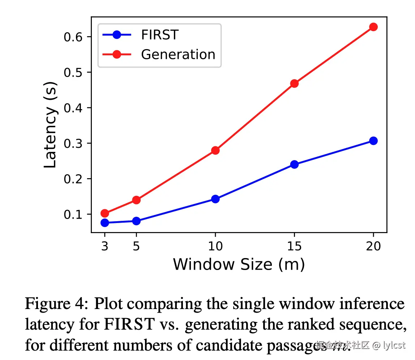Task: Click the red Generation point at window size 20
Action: coord(373,27)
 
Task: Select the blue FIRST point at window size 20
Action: coord(373,141)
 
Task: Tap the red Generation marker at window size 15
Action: coord(294,83)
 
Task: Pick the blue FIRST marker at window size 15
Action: coord(294,164)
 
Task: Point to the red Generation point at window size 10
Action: coord(215,150)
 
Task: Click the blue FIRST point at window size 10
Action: coord(215,199)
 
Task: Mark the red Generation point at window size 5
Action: coord(136,200)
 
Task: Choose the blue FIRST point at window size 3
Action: coord(105,223)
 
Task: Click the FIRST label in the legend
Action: coord(160,35)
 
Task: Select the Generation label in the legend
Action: coord(178,55)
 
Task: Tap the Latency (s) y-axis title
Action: coord(51,129)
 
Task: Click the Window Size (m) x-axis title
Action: coord(239,265)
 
